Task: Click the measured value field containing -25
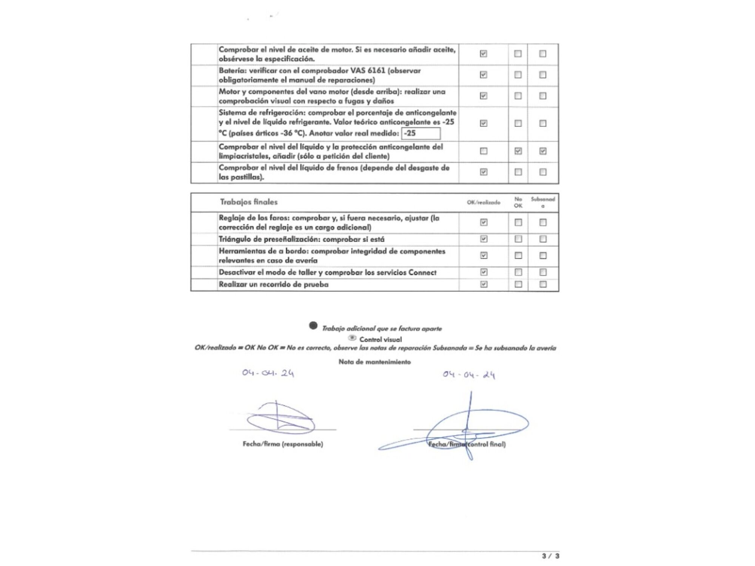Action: (421, 133)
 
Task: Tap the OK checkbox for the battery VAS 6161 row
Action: (483, 75)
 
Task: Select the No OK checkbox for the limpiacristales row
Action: (518, 151)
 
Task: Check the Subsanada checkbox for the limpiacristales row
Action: (542, 151)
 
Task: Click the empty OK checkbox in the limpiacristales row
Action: (483, 151)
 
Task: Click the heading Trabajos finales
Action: (249, 202)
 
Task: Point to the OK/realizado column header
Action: (483, 202)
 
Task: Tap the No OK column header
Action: (518, 202)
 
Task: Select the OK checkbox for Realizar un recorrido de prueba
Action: (484, 284)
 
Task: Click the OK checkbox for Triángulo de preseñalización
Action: (484, 239)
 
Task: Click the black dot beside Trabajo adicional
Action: (313, 325)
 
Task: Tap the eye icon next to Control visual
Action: (352, 338)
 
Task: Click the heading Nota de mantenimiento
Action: (374, 362)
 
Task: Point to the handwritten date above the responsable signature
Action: (268, 373)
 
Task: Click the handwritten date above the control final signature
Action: (469, 375)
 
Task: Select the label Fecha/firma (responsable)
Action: (283, 444)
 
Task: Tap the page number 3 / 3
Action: (550, 556)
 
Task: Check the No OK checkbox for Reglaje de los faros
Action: (518, 222)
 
